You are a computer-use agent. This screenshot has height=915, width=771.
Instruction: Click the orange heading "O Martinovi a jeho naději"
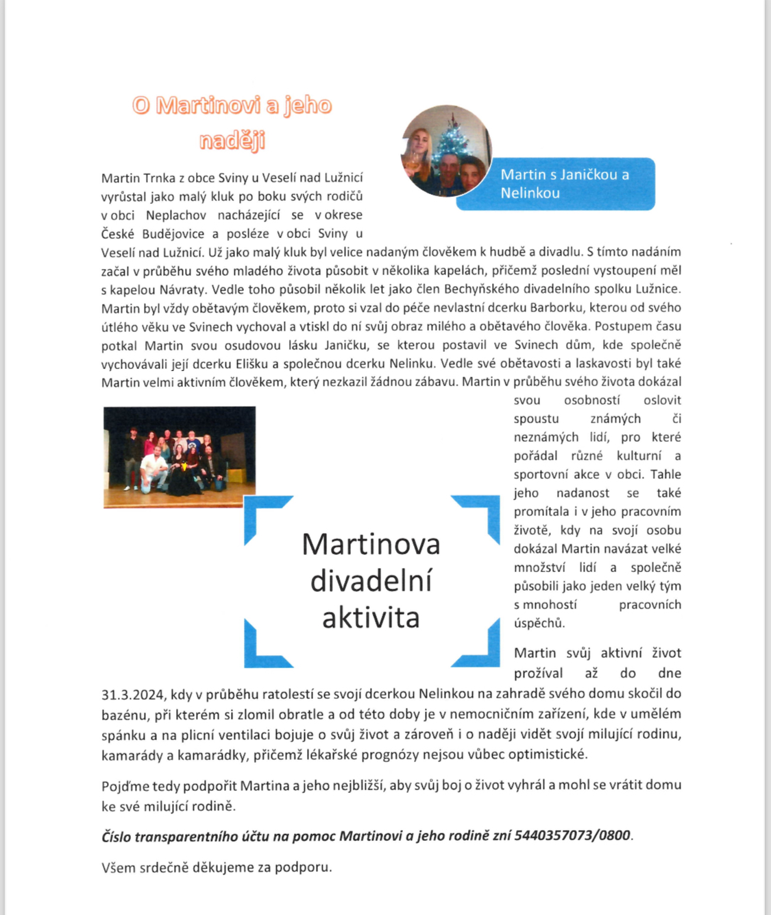click(232, 122)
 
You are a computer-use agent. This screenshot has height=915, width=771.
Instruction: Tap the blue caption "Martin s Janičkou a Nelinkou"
click(564, 184)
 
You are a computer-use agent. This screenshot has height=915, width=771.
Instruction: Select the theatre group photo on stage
click(180, 457)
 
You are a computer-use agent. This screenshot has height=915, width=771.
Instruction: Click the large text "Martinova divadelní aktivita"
click(371, 581)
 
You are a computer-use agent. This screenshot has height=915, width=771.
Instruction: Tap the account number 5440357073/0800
click(572, 835)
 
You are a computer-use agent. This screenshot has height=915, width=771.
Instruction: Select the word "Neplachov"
click(175, 215)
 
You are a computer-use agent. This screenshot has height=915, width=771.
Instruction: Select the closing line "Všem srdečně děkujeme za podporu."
click(217, 867)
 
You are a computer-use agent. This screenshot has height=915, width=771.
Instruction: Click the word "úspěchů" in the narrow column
click(539, 623)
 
